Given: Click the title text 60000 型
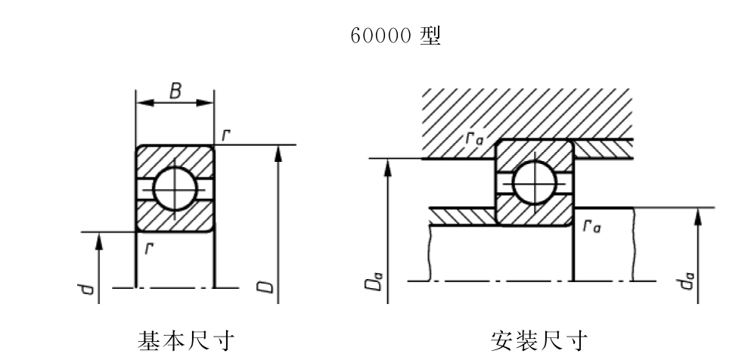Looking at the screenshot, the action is click(396, 36).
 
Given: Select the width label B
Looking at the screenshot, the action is click(175, 91).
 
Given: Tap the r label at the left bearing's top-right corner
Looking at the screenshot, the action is click(226, 135).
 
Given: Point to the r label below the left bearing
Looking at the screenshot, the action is click(149, 247).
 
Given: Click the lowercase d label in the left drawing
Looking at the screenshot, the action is click(86, 288).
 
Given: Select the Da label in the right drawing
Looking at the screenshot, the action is click(374, 281).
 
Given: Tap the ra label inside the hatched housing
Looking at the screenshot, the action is click(475, 138).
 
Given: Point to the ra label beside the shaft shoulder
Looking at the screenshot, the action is click(592, 226).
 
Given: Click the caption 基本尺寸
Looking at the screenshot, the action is click(186, 341).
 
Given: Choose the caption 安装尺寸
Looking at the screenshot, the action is click(539, 341).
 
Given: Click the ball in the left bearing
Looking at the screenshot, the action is click(175, 189).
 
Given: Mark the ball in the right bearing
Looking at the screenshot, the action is click(535, 183).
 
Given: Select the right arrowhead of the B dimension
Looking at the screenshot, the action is click(205, 103).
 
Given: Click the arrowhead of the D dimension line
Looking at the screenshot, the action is click(278, 153).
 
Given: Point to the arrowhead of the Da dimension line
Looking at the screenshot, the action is click(388, 167).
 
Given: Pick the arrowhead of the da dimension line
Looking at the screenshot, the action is click(698, 216).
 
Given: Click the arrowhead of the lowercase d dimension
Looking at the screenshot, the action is click(99, 241).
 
